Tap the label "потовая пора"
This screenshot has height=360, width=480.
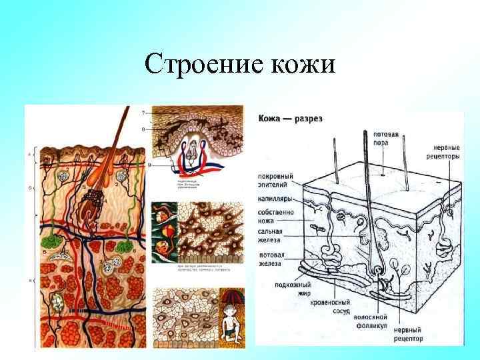tap(386, 138)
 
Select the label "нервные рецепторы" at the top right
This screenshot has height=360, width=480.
tap(445, 152)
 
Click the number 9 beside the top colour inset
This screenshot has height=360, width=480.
tap(150, 164)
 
